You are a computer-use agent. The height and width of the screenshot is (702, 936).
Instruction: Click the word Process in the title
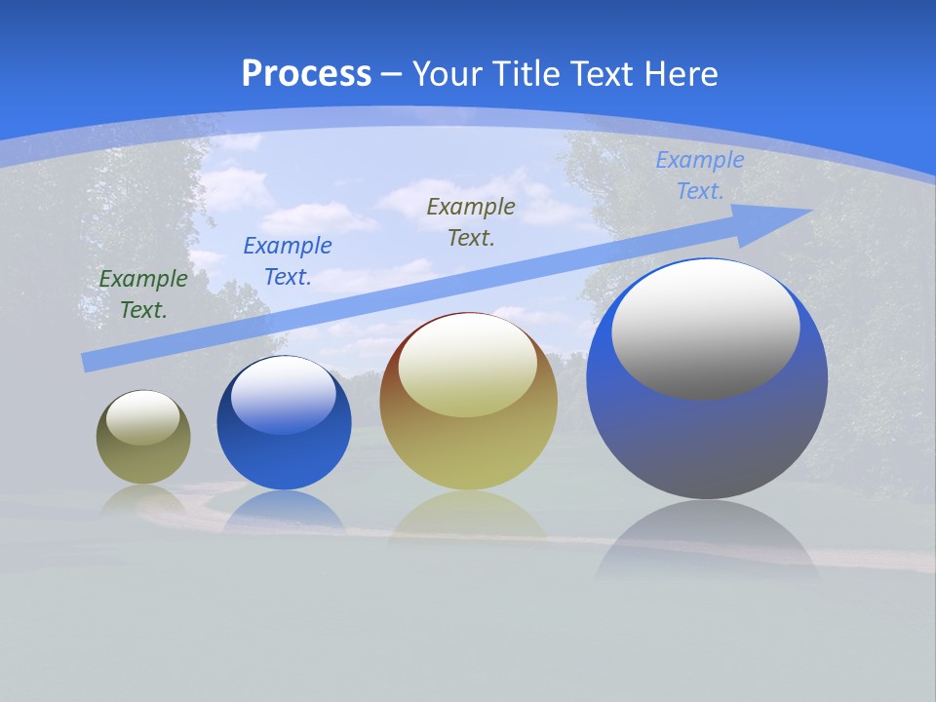(306, 73)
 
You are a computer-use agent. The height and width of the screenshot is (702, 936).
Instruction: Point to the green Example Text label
(143, 293)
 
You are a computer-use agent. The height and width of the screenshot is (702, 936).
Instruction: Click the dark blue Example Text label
(288, 260)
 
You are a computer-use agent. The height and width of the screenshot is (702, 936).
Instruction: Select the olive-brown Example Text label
(471, 221)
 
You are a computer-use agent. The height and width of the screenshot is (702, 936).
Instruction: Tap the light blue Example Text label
(700, 175)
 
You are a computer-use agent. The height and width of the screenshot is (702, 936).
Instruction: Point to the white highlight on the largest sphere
(706, 329)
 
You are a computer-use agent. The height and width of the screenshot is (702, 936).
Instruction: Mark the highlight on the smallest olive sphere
(142, 417)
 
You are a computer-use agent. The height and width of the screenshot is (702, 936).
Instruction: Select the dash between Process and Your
(392, 74)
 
